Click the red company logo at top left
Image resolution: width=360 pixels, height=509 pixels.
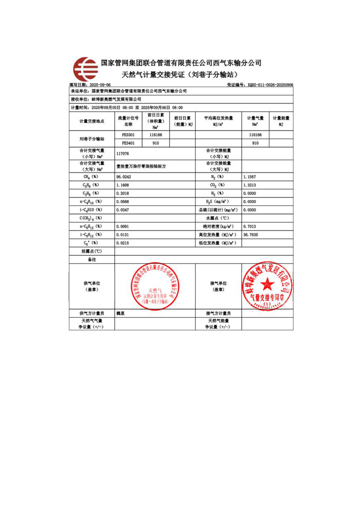pos(86,69)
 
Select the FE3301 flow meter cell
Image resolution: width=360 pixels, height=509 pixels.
pos(128,135)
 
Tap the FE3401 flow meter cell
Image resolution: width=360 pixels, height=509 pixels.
pos(128,143)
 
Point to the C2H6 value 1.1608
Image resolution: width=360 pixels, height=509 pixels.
pos(123,185)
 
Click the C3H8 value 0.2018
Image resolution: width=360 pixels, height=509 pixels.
pos(123,193)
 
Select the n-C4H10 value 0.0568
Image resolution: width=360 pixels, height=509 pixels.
pos(123,201)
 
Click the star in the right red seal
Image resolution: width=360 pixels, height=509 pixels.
pos(267,284)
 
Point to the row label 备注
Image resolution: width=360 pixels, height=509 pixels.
pos(92,259)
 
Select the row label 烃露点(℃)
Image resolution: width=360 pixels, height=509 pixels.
pos(92,251)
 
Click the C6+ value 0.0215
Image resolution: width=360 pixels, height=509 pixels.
pos(123,243)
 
